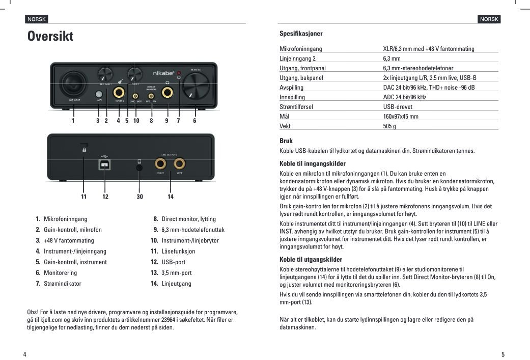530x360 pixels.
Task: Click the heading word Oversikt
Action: (x=50, y=37)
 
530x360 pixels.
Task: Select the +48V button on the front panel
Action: (x=99, y=94)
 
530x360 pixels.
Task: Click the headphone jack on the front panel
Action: (x=167, y=93)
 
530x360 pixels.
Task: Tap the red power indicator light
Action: (x=179, y=73)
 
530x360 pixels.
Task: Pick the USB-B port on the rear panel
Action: (x=105, y=165)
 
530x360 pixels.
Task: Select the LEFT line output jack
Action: (x=179, y=164)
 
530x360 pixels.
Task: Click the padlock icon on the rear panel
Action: (x=84, y=150)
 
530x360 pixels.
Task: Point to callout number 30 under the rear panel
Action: (x=140, y=197)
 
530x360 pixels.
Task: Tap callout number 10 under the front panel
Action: (x=136, y=121)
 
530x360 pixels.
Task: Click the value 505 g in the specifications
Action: (x=389, y=126)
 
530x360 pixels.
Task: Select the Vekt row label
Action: (x=285, y=126)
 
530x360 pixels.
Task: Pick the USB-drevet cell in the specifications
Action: (x=398, y=107)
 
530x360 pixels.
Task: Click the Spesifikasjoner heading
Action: (x=301, y=34)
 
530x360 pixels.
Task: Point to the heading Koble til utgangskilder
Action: (x=311, y=260)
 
